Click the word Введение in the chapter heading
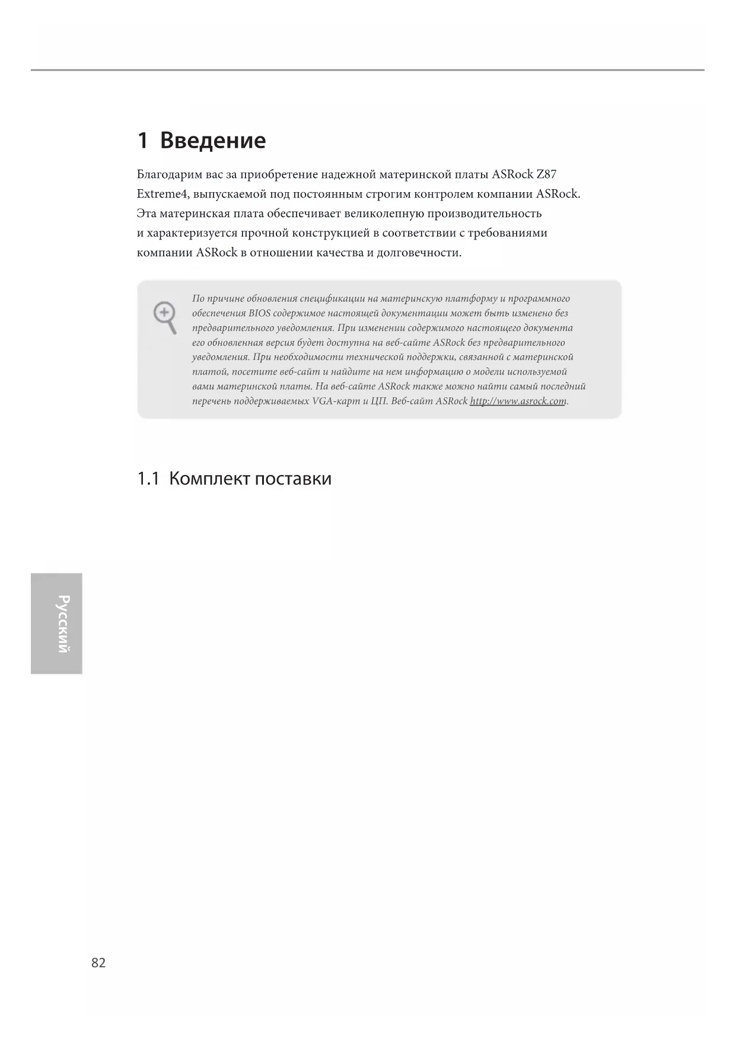(x=213, y=141)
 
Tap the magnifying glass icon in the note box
(x=165, y=317)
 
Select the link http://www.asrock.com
(x=518, y=401)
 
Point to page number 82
(x=98, y=962)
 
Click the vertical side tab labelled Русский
(x=57, y=623)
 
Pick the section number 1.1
(x=148, y=478)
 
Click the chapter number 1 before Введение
(x=142, y=141)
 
